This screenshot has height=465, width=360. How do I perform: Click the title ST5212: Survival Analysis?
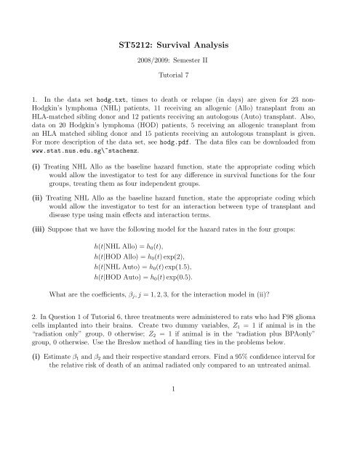coord(179,46)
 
